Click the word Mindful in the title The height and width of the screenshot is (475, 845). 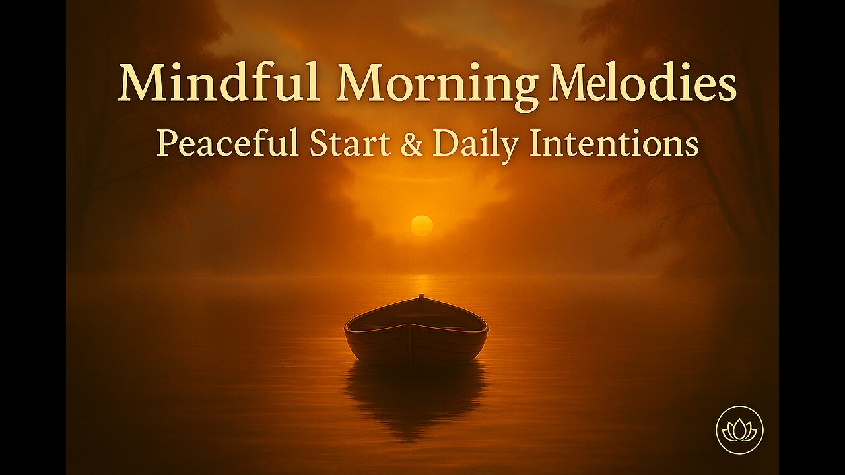[x=219, y=82]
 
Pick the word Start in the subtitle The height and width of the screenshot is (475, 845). [x=350, y=144]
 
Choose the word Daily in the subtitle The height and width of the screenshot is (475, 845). [x=475, y=146]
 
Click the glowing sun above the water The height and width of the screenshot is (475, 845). [x=422, y=226]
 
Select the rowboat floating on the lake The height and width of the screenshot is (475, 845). [x=417, y=329]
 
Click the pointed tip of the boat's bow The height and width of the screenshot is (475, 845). [x=421, y=295]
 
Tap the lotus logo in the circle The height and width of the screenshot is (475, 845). [x=739, y=429]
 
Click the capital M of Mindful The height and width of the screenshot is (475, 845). [x=143, y=82]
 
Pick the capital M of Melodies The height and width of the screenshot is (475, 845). [x=574, y=82]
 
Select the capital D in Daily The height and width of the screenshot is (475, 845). [x=446, y=144]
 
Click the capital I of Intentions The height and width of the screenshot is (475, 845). [x=535, y=144]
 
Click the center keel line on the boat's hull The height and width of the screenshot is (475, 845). [x=410, y=342]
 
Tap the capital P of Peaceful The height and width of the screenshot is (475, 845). [x=166, y=144]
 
